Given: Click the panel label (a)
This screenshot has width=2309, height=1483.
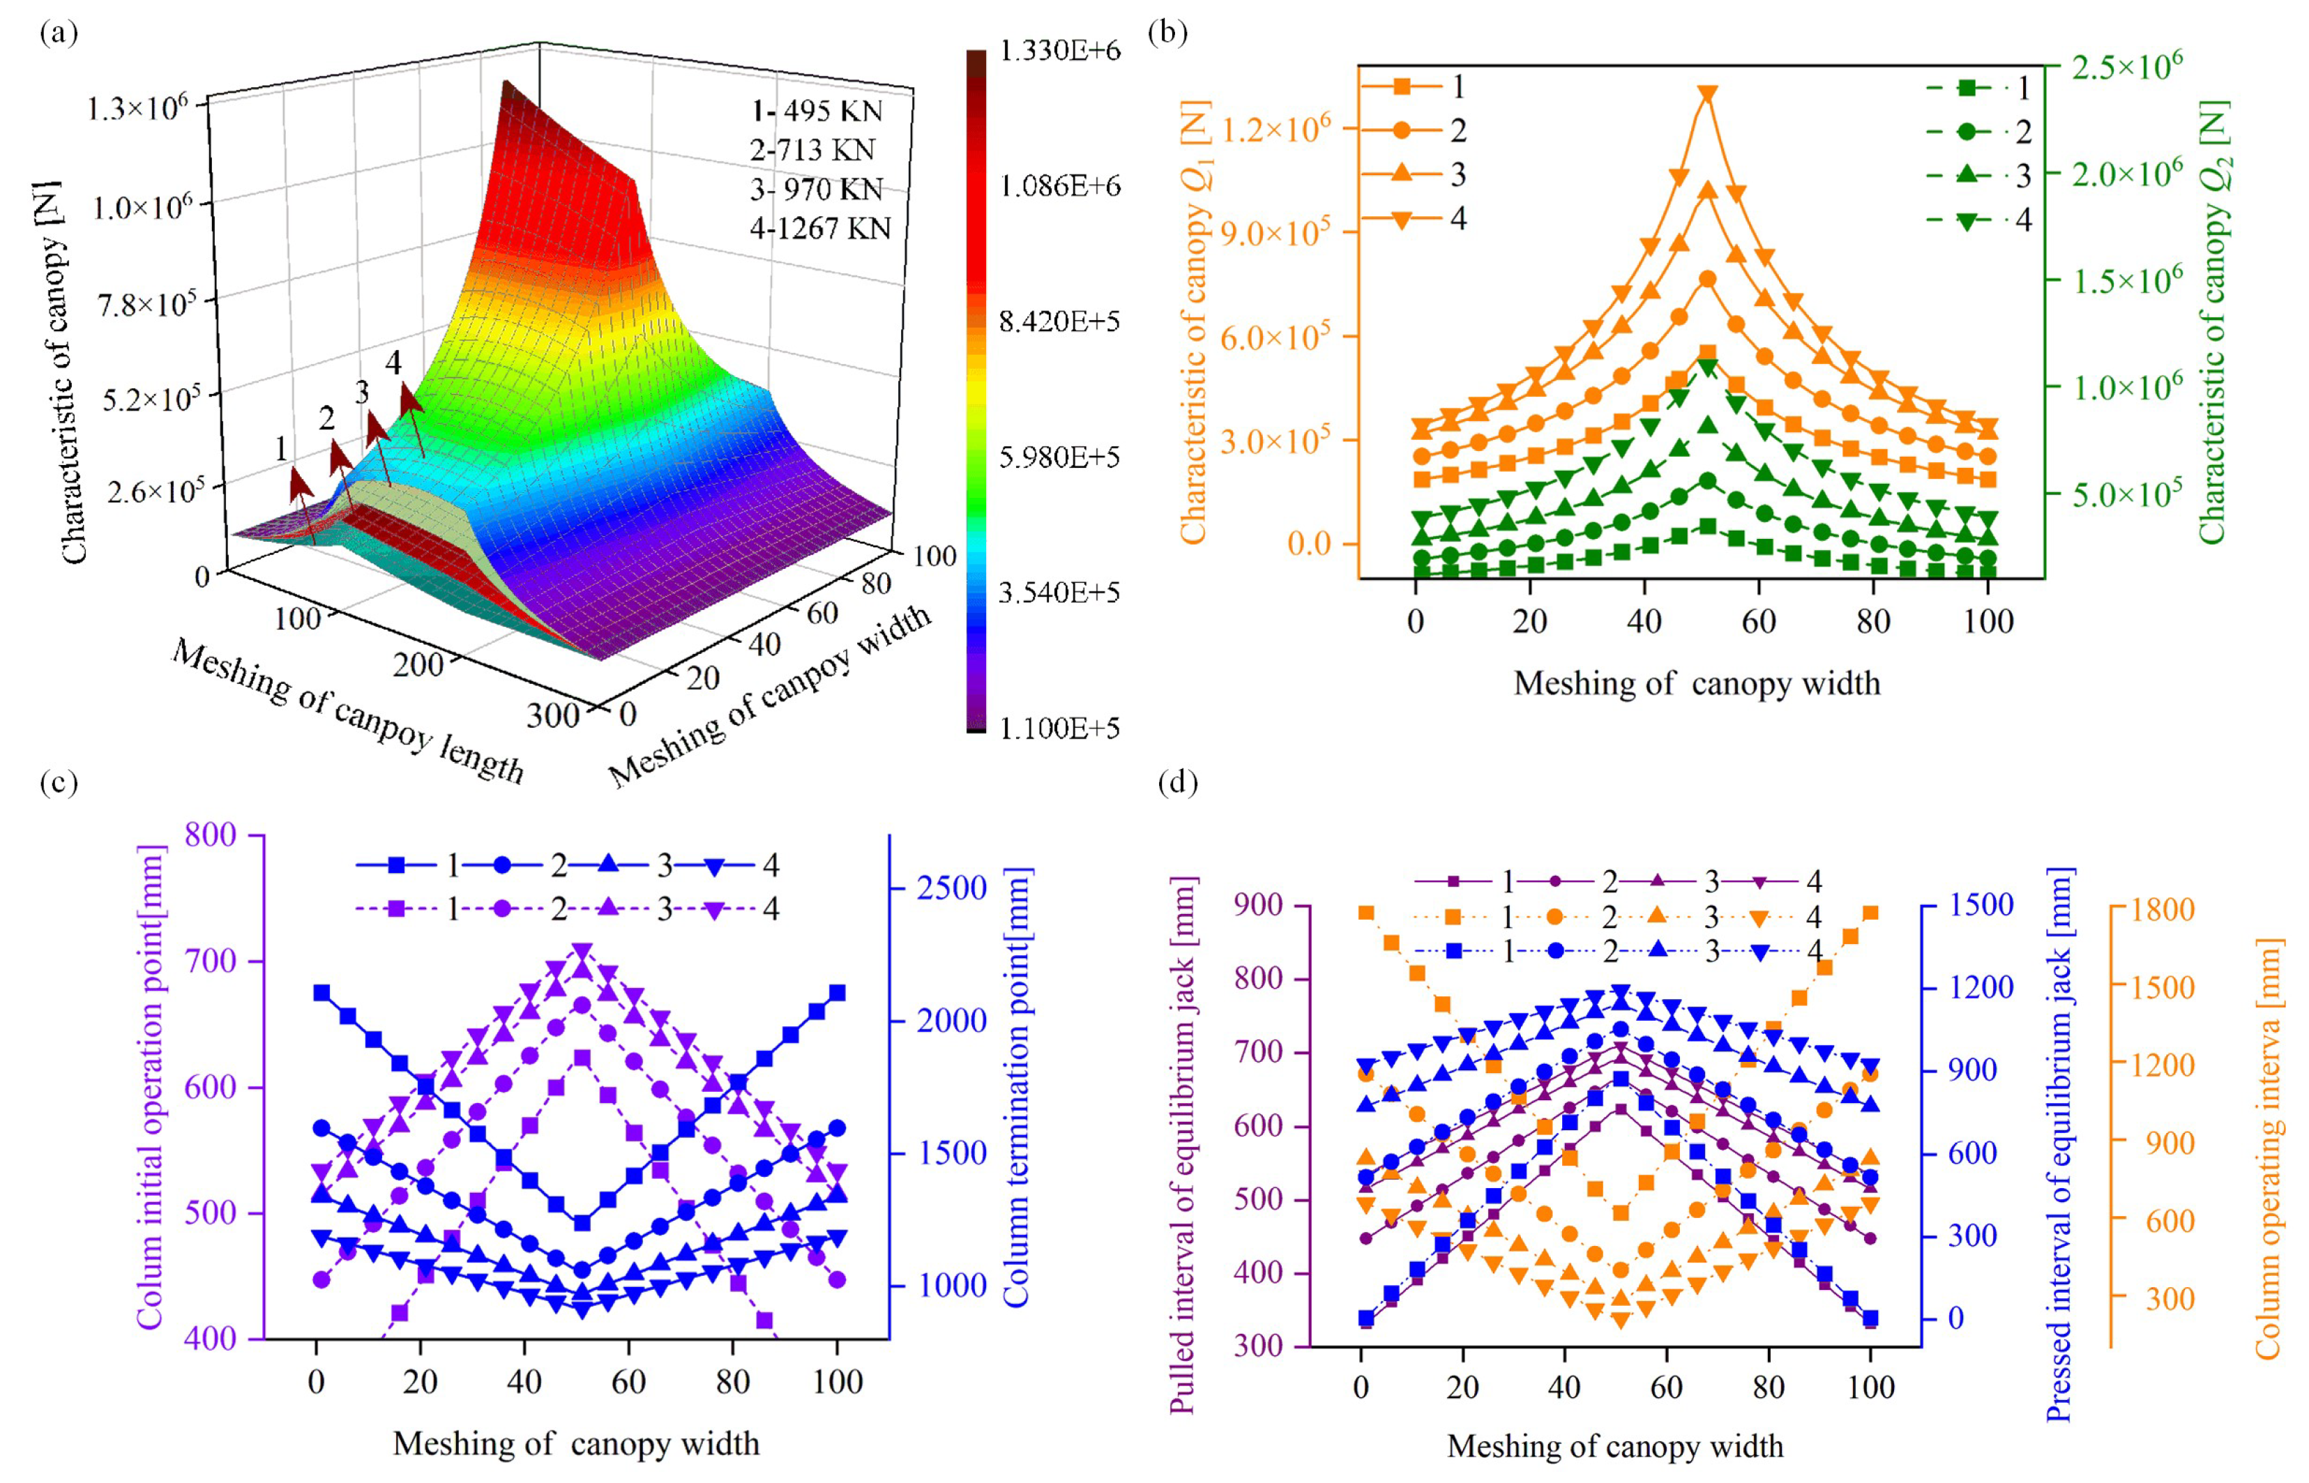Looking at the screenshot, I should (x=59, y=36).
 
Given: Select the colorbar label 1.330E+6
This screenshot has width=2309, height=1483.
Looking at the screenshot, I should (x=1060, y=51).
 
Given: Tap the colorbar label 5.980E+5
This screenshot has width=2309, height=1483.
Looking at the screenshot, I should (x=1059, y=457).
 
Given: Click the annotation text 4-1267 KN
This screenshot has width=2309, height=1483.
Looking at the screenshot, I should (x=820, y=228).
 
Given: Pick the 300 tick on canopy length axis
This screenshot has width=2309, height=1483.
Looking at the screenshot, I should (x=553, y=715).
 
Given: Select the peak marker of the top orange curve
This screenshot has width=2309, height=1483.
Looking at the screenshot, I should (x=1707, y=93).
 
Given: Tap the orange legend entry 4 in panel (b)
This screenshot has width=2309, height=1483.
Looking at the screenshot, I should (x=1416, y=220).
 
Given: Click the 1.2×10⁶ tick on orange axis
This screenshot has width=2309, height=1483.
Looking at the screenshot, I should (x=1275, y=128).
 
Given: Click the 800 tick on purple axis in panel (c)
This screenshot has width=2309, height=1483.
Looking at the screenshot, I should (x=210, y=835).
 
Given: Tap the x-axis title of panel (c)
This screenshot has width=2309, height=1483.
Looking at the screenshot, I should (x=576, y=1443).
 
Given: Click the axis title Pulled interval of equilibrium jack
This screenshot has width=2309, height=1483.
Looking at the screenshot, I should (x=1183, y=1145).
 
